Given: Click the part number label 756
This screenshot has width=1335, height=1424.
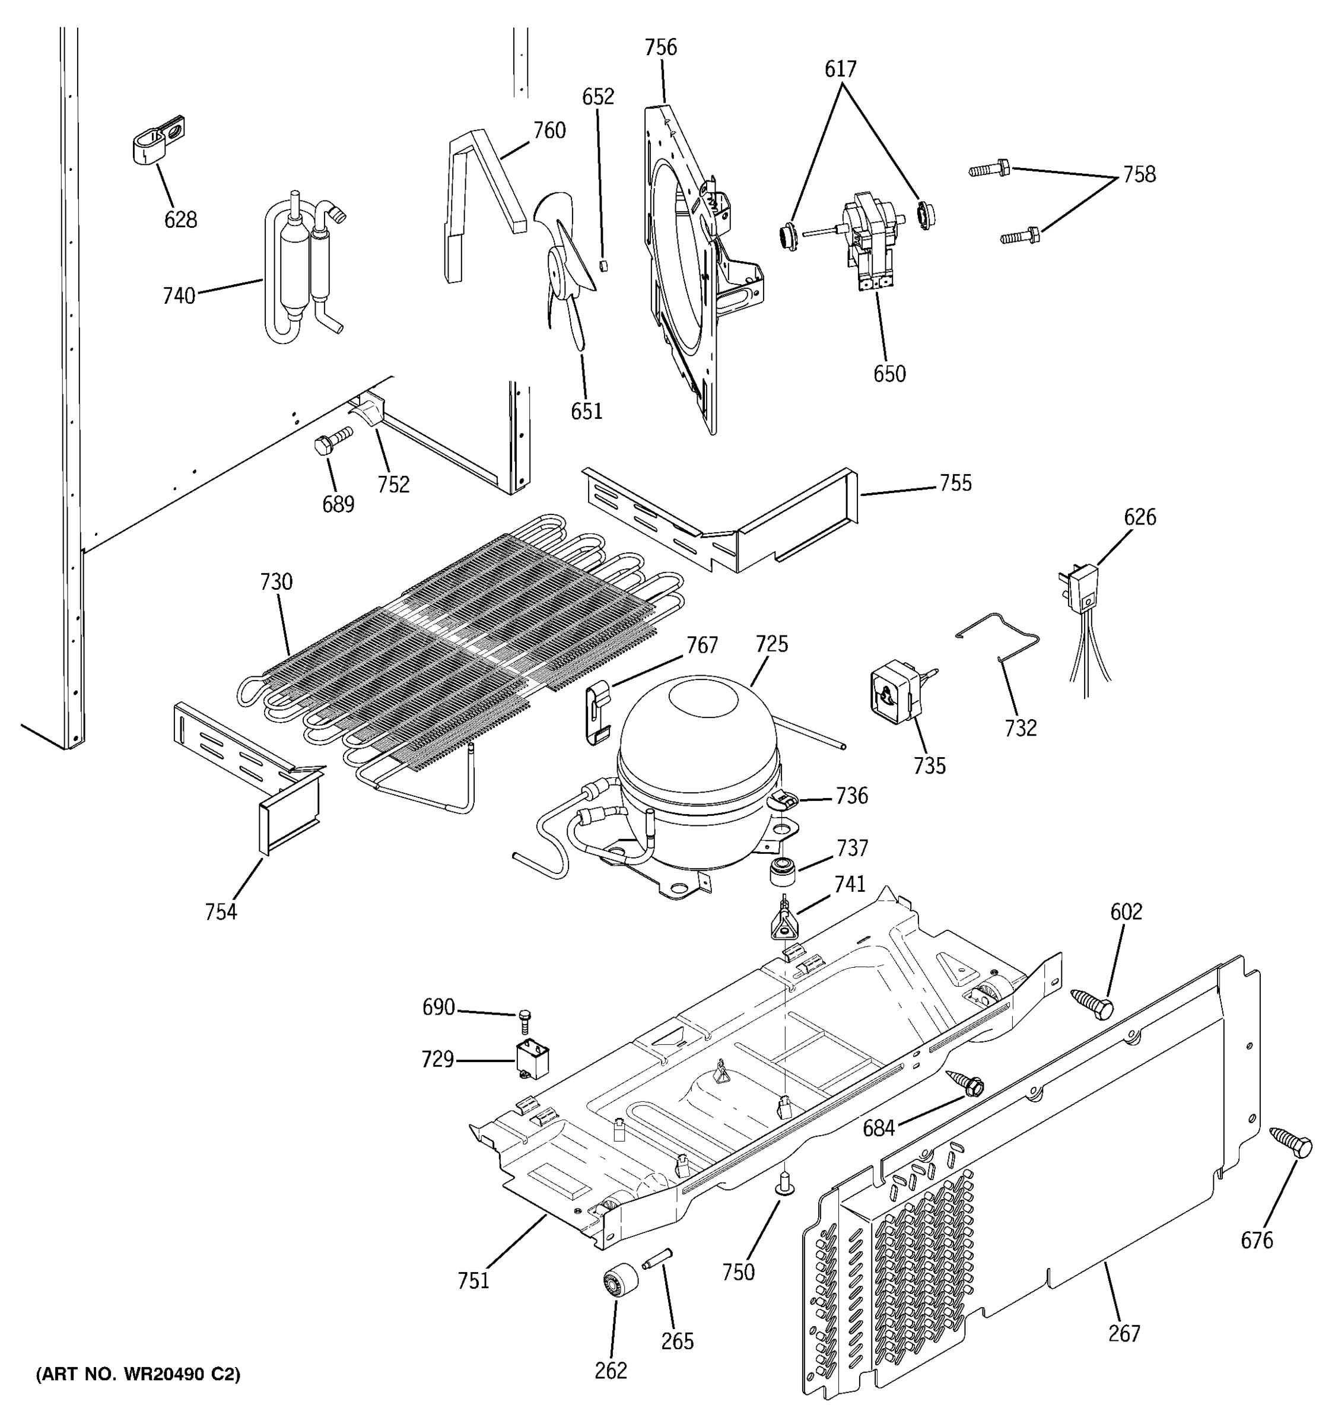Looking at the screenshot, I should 660,48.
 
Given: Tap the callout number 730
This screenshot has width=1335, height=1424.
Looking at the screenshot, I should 276,582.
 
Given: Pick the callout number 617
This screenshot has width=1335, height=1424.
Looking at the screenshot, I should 840,69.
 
